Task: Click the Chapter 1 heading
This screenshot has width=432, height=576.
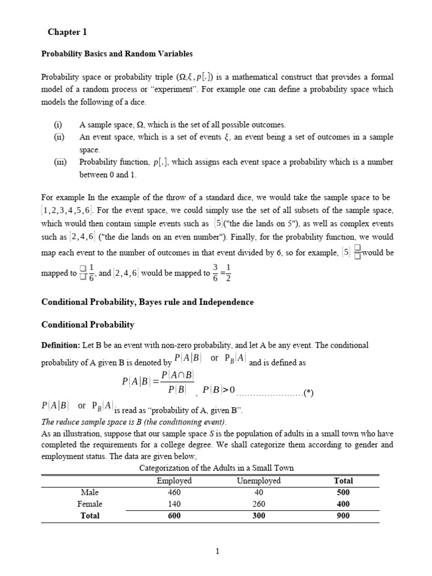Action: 67,32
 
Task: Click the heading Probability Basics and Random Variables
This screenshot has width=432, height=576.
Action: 117,54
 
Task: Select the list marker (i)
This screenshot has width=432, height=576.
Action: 58,125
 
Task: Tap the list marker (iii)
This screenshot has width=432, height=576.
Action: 60,162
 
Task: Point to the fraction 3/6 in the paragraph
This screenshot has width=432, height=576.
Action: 215,273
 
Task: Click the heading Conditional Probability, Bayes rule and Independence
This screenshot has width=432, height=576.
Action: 147,302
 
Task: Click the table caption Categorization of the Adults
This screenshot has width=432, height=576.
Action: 216,468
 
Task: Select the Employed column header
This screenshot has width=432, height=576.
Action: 174,481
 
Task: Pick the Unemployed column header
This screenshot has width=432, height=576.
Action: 259,481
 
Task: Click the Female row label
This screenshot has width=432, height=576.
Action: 90,504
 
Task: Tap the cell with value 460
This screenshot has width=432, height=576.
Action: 174,492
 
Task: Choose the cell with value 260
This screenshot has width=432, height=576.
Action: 259,504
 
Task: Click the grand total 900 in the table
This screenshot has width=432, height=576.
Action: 343,516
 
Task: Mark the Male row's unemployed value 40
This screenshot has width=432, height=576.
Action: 259,492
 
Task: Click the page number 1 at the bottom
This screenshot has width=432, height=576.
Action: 217,552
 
